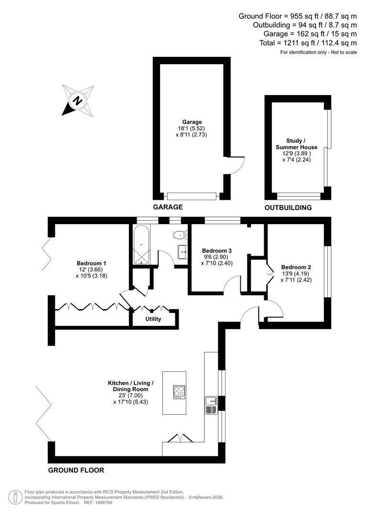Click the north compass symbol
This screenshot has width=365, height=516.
click(x=76, y=100)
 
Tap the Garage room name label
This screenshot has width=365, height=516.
click(x=192, y=122)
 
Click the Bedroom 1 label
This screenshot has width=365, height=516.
click(x=91, y=263)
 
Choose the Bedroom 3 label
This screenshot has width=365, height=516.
click(x=217, y=251)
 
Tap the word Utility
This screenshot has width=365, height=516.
click(x=153, y=319)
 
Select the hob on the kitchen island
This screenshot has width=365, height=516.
click(x=179, y=391)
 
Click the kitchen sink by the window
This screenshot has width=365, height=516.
click(x=211, y=405)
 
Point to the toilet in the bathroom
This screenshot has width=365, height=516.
click(x=181, y=235)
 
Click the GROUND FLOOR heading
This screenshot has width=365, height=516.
click(x=76, y=470)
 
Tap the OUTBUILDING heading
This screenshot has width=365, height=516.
click(x=288, y=207)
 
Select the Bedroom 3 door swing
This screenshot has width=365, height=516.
click(x=232, y=285)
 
